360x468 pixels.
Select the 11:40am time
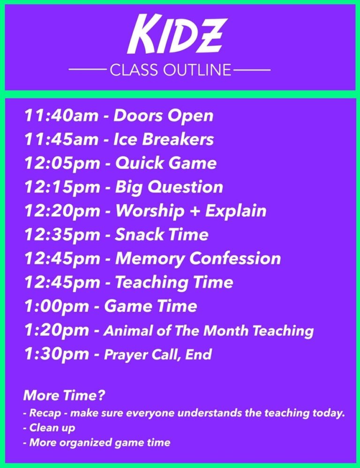click(61, 115)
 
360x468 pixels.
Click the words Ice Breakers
click(164, 139)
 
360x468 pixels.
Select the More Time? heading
click(64, 395)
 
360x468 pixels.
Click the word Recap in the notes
click(45, 414)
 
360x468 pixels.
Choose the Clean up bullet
click(49, 428)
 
